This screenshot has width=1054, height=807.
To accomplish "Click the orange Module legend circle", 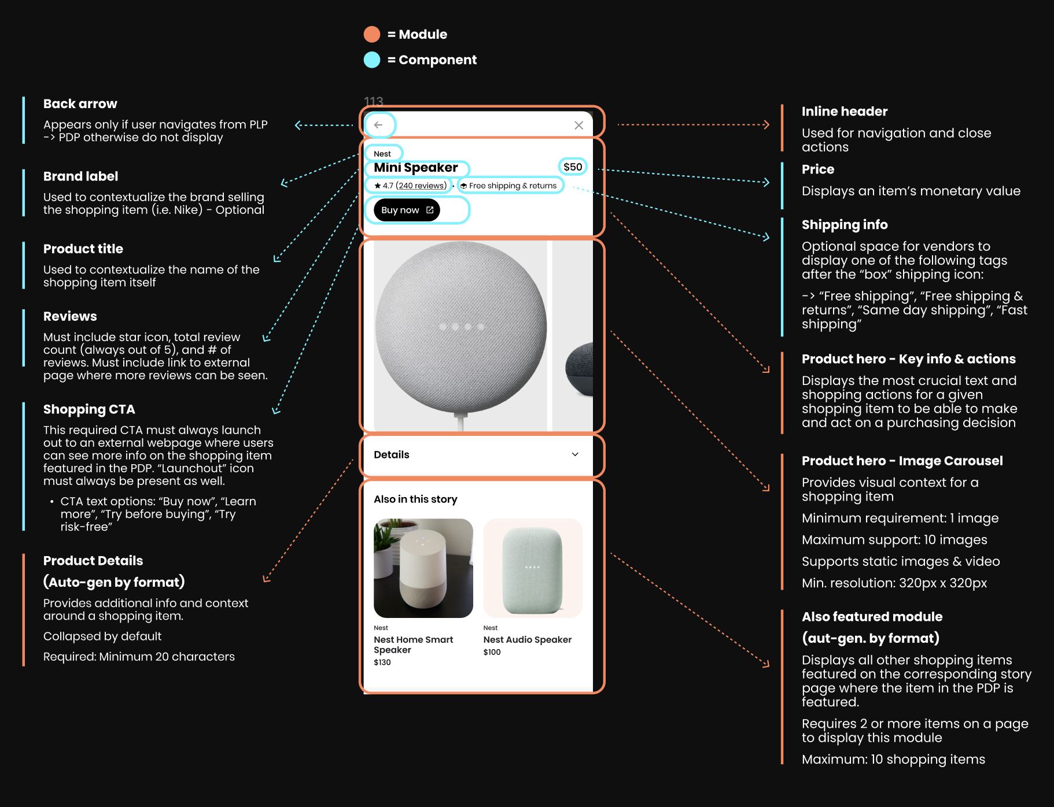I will tap(372, 34).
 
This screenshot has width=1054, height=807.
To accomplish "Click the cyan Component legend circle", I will tap(372, 60).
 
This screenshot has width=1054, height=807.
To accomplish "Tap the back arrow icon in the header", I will tap(378, 125).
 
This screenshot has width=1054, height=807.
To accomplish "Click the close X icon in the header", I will tap(578, 125).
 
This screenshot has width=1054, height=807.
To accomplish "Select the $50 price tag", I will tap(573, 167).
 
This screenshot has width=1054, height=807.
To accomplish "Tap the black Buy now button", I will tap(407, 210).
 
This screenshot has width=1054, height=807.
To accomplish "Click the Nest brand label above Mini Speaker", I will tap(382, 154).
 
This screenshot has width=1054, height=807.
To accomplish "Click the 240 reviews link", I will tap(421, 186).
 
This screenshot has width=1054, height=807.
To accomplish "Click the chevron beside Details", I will tap(575, 454).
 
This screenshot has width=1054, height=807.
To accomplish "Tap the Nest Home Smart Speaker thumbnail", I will tap(423, 568).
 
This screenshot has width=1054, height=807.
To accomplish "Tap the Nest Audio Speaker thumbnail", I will tap(533, 568).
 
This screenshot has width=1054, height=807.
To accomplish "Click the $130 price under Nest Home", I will tap(382, 662).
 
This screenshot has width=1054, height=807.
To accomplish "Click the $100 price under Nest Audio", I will tap(492, 652).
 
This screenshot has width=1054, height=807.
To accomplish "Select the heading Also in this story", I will tap(415, 499).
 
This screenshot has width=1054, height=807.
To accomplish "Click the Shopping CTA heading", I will tap(89, 409).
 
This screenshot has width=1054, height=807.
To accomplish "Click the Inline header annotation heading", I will tap(844, 112).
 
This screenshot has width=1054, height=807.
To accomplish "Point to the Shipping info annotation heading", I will tap(844, 225).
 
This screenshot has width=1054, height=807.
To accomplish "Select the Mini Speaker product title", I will tap(416, 168).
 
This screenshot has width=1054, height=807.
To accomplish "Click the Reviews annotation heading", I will tap(70, 316).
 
